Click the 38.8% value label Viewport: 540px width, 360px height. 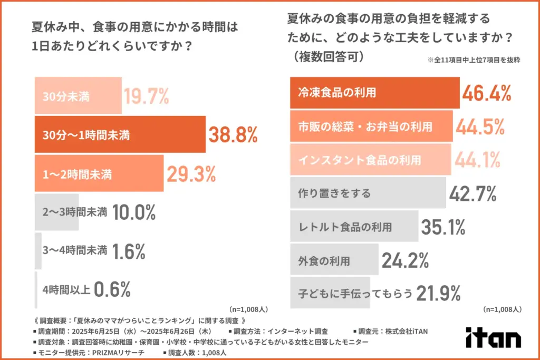tap(233, 135)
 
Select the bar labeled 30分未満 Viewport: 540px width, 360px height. tap(78, 96)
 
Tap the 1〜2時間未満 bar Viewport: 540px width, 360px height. tap(99, 173)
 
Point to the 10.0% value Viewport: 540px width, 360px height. tap(133, 212)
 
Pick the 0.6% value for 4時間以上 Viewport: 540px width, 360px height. tap(112, 289)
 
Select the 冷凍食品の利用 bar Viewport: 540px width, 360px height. tap(374, 93)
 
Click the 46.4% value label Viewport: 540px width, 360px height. tap(487, 93)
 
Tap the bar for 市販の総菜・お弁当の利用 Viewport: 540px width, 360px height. tap(371, 127)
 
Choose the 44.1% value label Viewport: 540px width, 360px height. tap(479, 159)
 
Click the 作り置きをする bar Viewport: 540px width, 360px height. tap(368, 193)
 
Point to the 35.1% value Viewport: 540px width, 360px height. tap(443, 227)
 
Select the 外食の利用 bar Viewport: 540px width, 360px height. tap(334, 260)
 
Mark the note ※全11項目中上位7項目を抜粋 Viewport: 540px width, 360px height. tap(474, 60)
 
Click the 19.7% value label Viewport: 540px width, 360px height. tap(146, 96)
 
